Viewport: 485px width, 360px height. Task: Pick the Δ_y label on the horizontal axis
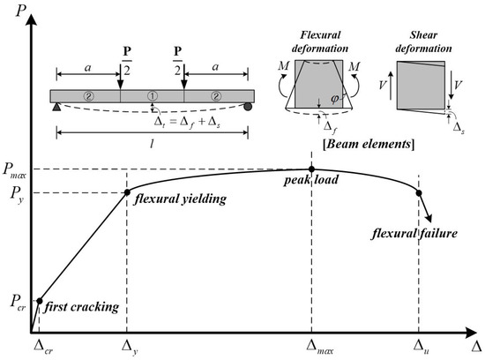point(128,347)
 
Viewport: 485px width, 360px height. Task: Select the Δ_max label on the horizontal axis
point(313,347)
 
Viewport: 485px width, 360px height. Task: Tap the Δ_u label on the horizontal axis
point(420,347)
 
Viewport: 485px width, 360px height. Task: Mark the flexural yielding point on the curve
point(128,192)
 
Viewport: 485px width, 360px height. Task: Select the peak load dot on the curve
point(311,169)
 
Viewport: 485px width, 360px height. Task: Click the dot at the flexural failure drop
point(419,192)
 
